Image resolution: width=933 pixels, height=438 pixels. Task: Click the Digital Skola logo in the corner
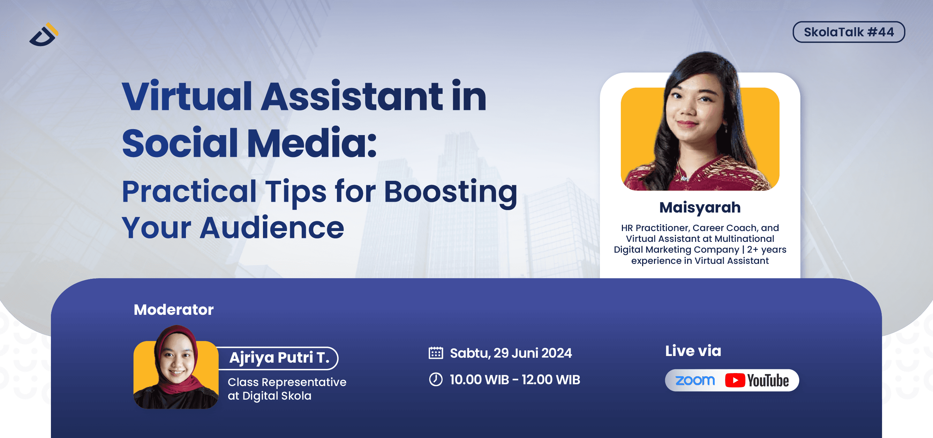pos(44,35)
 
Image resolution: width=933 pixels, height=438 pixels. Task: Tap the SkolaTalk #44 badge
pos(848,32)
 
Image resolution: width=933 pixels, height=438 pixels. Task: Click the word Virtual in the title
pos(187,97)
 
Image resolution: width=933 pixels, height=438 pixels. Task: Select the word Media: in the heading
pos(311,143)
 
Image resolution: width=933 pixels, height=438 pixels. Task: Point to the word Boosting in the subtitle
pos(450,192)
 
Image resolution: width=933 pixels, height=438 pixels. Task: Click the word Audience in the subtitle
pos(272,228)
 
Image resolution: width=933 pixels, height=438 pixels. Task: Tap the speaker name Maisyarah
pos(700,208)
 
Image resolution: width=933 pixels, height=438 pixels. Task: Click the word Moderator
pos(173,310)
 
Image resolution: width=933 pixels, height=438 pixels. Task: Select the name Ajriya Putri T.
pos(279,358)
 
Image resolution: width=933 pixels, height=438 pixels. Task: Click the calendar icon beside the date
pos(436,353)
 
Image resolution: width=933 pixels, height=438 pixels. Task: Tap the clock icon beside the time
pos(436,379)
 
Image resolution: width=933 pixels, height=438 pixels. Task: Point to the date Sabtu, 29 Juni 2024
pos(511,353)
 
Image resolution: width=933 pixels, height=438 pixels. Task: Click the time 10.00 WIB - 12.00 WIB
pos(515,380)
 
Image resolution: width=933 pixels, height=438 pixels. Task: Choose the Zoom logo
pos(695,380)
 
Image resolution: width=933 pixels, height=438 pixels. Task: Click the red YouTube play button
pos(735,380)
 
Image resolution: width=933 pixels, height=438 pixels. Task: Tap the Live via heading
pos(693,351)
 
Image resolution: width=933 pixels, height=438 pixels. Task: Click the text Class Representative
pos(287,382)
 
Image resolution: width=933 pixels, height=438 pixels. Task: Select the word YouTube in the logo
pos(768,381)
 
